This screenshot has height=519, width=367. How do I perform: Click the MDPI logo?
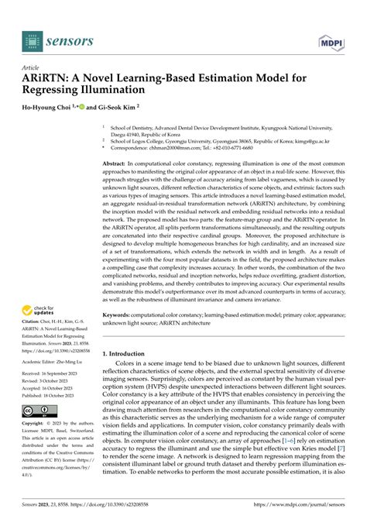coord(331,36)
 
